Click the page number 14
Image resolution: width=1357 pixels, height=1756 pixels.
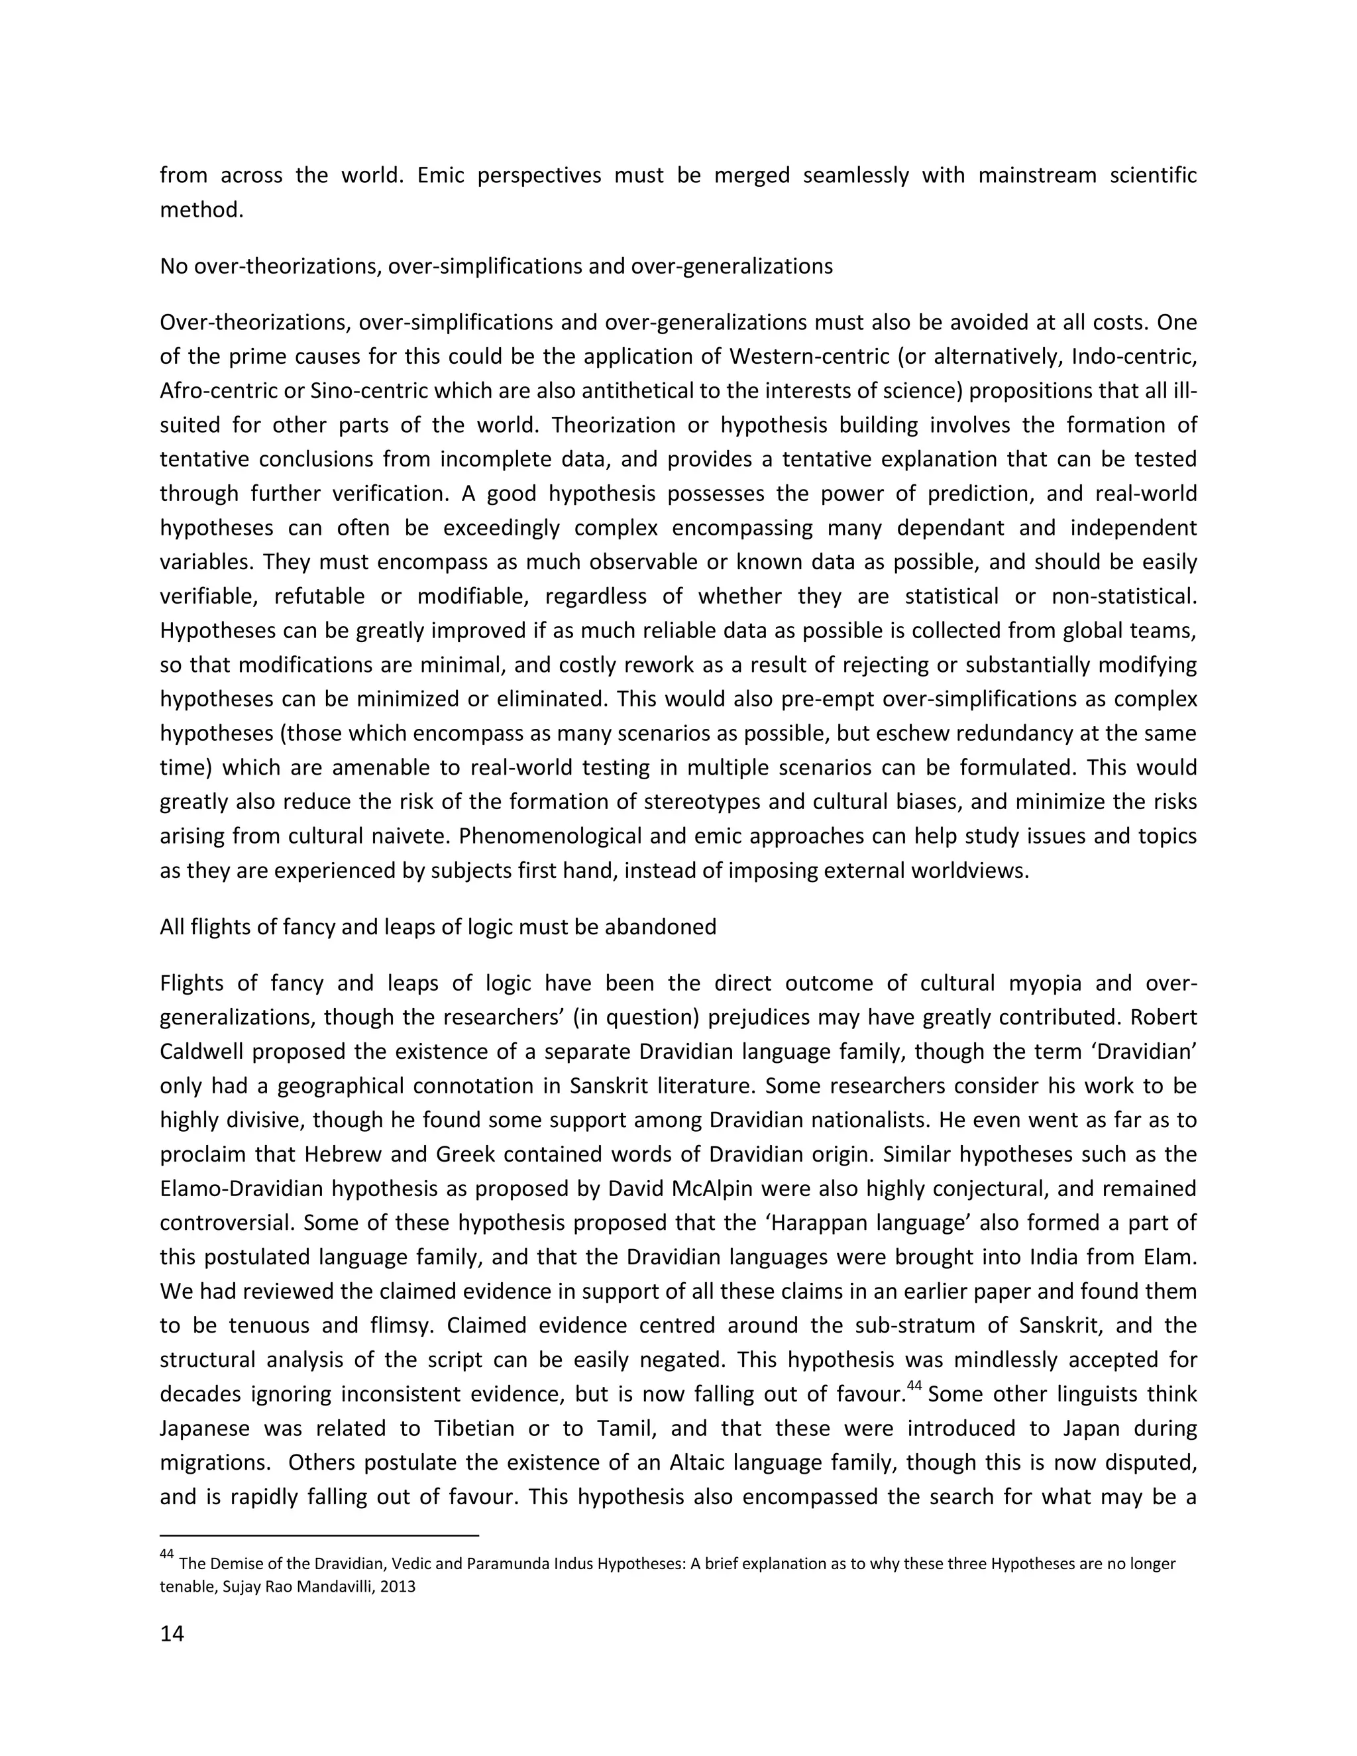pyautogui.click(x=172, y=1634)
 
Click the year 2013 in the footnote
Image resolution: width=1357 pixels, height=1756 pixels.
pyautogui.click(x=400, y=1587)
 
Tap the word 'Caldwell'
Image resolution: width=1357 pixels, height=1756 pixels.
pyautogui.click(x=195, y=1052)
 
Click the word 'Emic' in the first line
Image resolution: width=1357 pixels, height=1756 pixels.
pyautogui.click(x=441, y=176)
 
